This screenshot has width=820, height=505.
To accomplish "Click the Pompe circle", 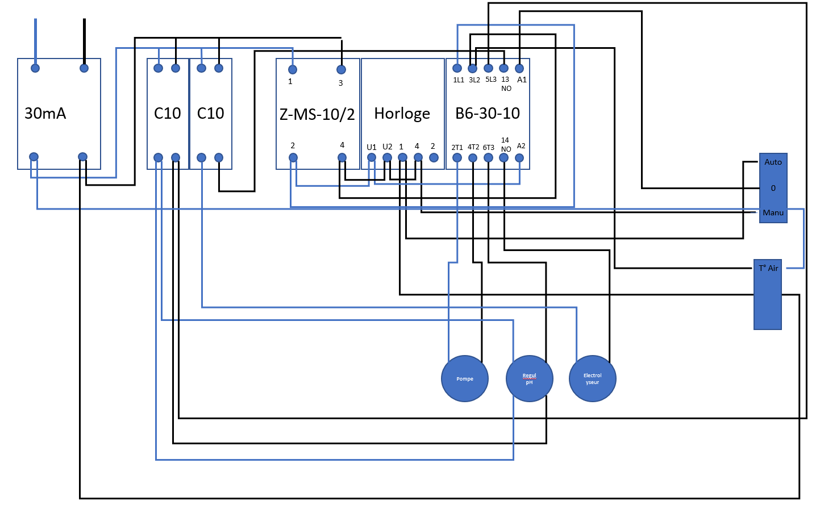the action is [x=464, y=378].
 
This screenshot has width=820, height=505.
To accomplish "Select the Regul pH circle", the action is [x=530, y=378].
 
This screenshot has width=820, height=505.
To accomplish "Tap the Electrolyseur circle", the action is [x=592, y=378].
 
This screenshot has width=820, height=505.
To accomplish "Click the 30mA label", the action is [x=45, y=114].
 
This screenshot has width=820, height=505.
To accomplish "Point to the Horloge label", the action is [x=402, y=114].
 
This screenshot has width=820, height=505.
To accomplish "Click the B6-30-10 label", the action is [x=487, y=114].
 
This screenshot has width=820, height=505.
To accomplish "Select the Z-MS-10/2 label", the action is [x=317, y=115].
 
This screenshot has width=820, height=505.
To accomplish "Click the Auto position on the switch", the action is [x=773, y=162].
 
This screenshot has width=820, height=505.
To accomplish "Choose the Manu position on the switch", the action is [x=773, y=212].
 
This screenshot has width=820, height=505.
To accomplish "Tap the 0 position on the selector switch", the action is [x=773, y=188].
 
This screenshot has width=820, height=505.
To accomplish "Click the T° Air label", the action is [x=768, y=268].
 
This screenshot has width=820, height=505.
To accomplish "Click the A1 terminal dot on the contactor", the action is [x=519, y=68].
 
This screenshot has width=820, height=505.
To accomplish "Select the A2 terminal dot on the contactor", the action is [x=519, y=158].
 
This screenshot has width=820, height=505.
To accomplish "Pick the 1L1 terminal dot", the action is [x=457, y=68].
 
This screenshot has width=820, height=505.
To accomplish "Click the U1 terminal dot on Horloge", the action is [x=372, y=157].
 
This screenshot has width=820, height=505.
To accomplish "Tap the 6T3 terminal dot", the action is [x=488, y=158].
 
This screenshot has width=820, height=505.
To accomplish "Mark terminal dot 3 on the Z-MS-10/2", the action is [x=341, y=69].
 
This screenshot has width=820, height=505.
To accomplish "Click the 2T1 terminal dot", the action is [x=457, y=158].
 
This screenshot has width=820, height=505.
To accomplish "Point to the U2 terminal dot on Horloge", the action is [x=388, y=157].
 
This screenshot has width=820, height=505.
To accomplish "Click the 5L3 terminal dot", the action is [x=488, y=68].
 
